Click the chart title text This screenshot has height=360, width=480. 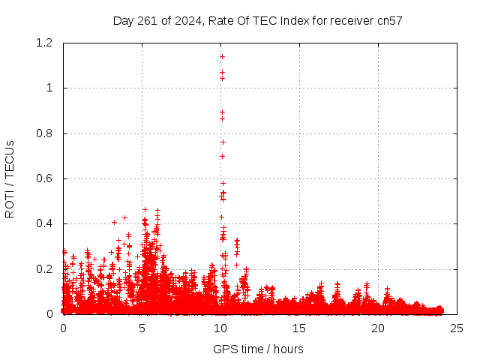tap(258, 20)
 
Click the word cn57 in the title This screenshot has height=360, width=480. tap(389, 20)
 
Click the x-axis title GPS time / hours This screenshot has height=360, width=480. tap(258, 349)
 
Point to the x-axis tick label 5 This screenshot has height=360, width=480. tap(142, 328)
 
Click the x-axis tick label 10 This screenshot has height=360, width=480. tap(220, 328)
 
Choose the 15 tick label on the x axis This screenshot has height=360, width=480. tap(299, 328)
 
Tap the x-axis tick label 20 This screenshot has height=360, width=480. tap(378, 328)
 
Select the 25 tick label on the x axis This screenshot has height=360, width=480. tap(457, 328)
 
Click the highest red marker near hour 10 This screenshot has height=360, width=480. tap(222, 56)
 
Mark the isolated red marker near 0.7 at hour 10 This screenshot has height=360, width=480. tap(222, 156)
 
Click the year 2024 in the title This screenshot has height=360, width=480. tap(185, 20)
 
